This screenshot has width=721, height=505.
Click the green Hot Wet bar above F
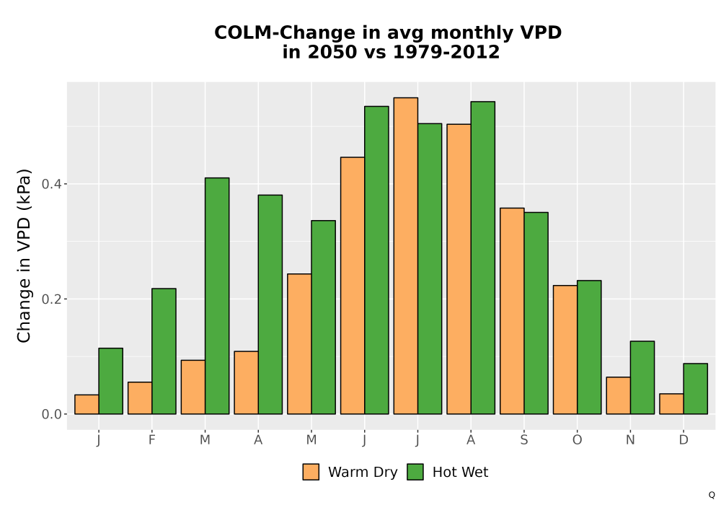164,351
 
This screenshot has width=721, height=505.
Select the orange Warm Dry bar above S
512,311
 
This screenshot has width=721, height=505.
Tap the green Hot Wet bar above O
589,347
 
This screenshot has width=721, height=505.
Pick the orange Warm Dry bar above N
619,395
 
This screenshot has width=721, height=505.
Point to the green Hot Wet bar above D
695,389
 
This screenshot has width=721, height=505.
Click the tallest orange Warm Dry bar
406,255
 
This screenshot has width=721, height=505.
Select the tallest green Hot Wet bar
483,258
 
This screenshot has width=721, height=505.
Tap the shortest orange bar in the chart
87,404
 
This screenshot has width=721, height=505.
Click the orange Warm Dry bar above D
672,404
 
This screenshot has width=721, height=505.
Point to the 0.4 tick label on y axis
51,184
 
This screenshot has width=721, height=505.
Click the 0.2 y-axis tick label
51,299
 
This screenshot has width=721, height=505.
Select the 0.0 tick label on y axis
51,414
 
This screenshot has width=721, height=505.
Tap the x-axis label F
151,440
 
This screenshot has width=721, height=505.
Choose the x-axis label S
523,440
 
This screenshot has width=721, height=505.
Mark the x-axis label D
684,440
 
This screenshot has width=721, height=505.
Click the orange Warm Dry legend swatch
311,472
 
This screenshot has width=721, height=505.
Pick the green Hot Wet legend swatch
415,472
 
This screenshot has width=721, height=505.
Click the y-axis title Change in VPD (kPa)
24,256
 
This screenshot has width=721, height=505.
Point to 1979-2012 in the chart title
446,52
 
